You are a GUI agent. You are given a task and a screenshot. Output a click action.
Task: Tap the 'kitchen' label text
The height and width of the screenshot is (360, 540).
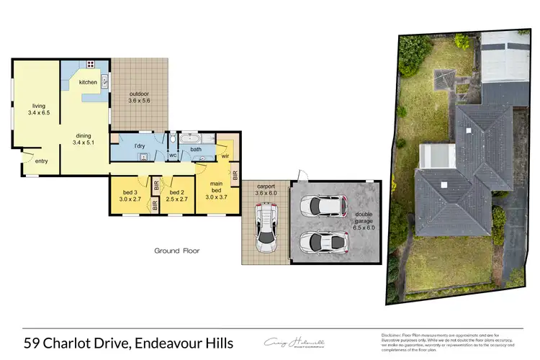(88, 82)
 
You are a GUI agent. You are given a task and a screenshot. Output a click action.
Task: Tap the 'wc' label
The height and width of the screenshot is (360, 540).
(173, 155)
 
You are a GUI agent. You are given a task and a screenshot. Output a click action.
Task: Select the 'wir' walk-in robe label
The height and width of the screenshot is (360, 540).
(225, 156)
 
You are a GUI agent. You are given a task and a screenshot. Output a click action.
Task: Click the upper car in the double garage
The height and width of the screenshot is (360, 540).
(322, 207)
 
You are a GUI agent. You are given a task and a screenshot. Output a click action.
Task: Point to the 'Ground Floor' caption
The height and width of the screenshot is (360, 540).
(176, 251)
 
